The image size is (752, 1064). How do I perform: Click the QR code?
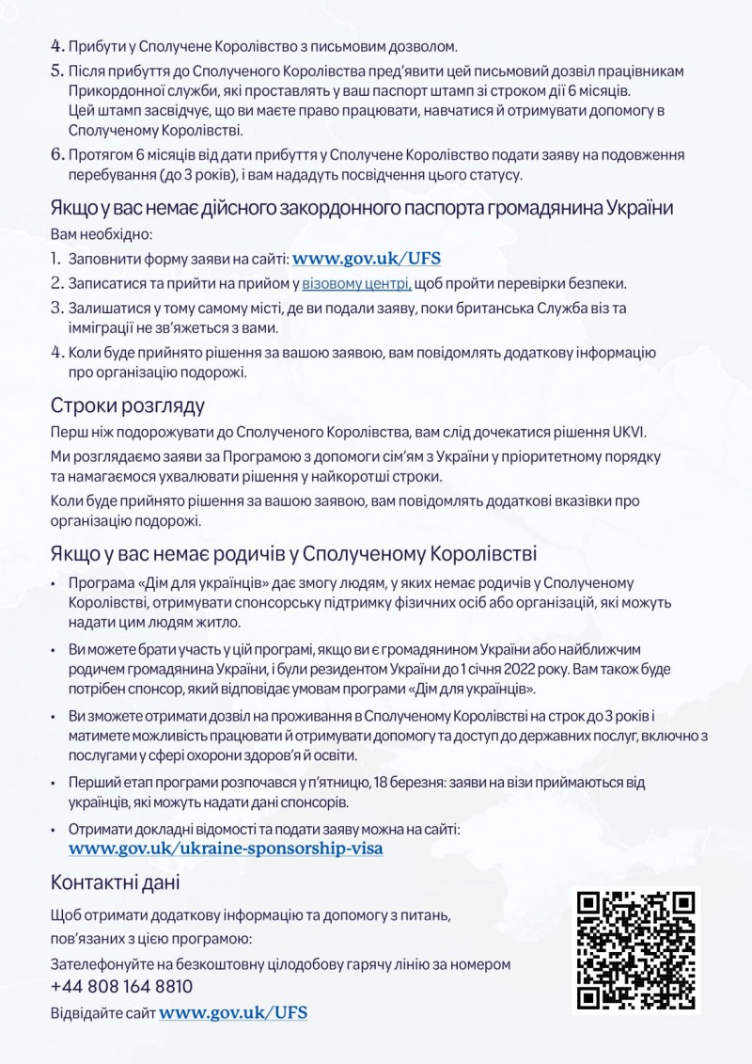(x=636, y=949)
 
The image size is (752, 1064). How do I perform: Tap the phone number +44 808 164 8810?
(x=122, y=986)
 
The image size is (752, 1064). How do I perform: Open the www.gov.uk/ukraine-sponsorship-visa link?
(x=226, y=848)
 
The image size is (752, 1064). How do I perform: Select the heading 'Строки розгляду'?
(x=127, y=406)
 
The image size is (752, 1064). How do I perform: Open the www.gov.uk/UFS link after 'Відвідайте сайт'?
(x=233, y=1013)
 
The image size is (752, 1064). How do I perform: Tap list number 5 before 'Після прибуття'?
(x=56, y=71)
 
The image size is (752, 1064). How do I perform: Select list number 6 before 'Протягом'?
(x=56, y=154)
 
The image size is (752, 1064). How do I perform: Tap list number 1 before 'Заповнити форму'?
(x=56, y=258)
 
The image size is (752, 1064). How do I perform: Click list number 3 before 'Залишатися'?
(x=56, y=307)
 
